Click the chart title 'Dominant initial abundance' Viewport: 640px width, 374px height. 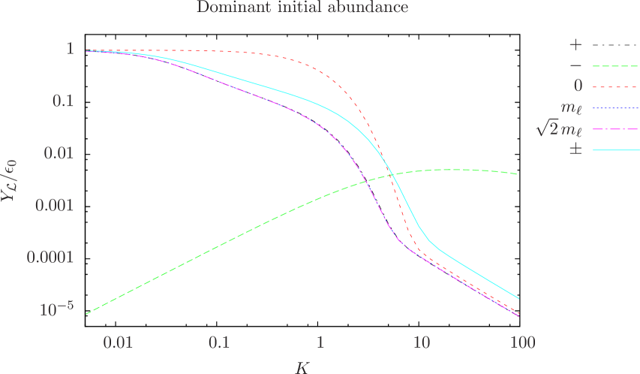tap(302, 8)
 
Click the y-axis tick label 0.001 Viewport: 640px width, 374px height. tap(52, 204)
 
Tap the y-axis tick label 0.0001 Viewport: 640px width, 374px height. tap(48, 257)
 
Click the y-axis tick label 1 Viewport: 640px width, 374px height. tap(70, 49)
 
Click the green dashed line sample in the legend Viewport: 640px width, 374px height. tap(616, 66)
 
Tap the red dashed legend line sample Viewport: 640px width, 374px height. tap(616, 87)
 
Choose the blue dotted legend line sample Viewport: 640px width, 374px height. tap(616, 108)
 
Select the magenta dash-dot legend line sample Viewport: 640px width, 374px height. tap(616, 129)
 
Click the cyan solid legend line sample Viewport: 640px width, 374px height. tap(616, 150)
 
